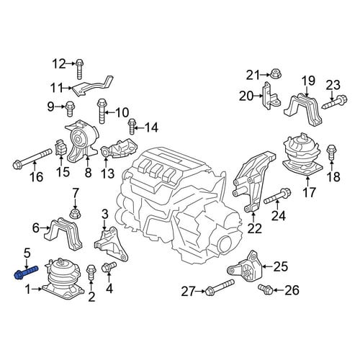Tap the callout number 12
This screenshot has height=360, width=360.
(x=59, y=64)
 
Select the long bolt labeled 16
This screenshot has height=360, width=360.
(x=32, y=158)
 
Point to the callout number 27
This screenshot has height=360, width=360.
(x=189, y=292)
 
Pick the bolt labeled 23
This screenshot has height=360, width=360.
(x=335, y=102)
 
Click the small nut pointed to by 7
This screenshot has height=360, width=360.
(x=75, y=213)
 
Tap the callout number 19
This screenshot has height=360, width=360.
(x=308, y=81)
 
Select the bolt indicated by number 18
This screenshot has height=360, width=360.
(x=331, y=153)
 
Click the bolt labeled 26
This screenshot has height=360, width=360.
(x=265, y=289)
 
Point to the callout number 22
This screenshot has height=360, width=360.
(x=255, y=229)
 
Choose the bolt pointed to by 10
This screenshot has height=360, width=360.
(x=102, y=112)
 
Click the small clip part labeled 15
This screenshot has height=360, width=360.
(x=61, y=148)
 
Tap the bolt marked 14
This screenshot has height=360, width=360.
(x=132, y=127)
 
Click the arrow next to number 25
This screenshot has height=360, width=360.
(x=267, y=266)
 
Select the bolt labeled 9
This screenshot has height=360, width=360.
(x=70, y=109)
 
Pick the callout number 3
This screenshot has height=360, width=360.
(x=105, y=215)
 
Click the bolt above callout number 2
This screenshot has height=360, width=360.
(x=91, y=272)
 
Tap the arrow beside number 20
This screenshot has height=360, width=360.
(x=258, y=96)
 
